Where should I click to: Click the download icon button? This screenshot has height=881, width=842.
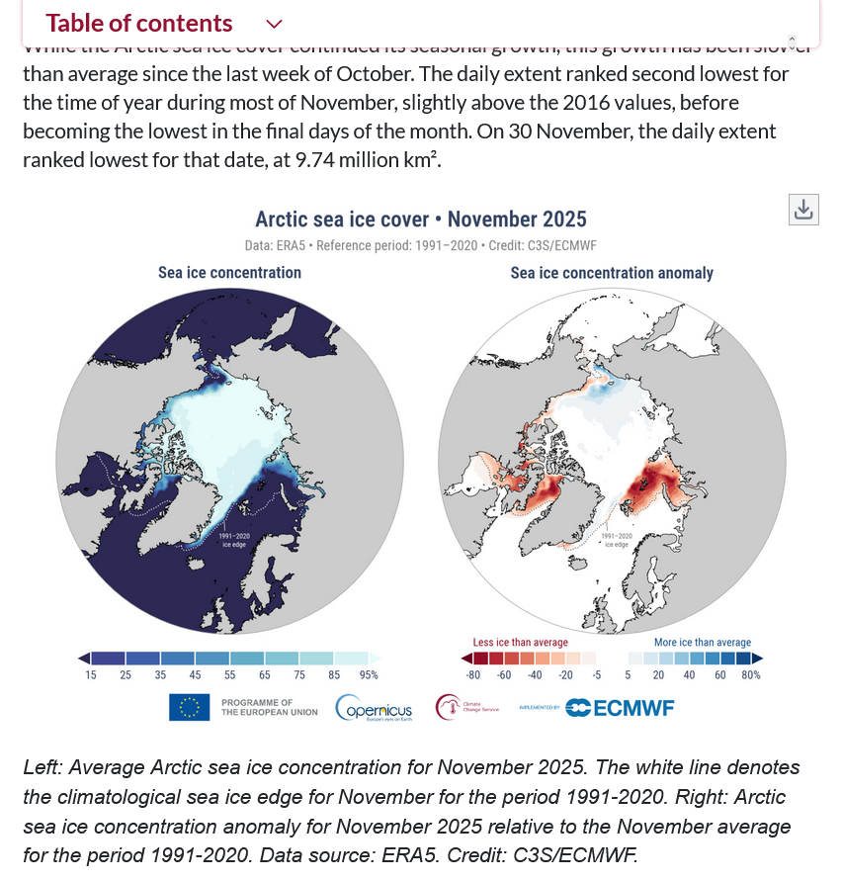point(803,210)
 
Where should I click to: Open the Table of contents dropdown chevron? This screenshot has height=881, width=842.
point(275,24)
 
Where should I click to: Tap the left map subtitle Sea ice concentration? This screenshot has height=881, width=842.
point(229,272)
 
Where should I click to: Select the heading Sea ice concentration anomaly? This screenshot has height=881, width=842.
point(611,273)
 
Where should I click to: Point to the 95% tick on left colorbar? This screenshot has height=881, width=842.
point(369,675)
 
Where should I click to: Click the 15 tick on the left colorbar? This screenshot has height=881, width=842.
point(91,675)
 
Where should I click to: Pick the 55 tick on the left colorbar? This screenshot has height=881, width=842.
point(229,675)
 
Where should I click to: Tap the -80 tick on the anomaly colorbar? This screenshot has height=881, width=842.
point(473,675)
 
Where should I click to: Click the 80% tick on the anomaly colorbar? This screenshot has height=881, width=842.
point(751,675)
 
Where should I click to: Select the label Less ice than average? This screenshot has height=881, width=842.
point(520,642)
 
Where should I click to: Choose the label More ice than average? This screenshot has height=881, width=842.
point(702,642)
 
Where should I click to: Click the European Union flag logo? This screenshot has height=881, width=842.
point(189,707)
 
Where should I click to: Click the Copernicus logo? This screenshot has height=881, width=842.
point(374,708)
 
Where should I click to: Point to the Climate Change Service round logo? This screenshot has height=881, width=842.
point(450,707)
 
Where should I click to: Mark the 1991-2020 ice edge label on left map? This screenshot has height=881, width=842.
point(235,540)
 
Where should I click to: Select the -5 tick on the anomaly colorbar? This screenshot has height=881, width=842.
point(596,675)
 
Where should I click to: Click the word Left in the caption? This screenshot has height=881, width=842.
point(42,768)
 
